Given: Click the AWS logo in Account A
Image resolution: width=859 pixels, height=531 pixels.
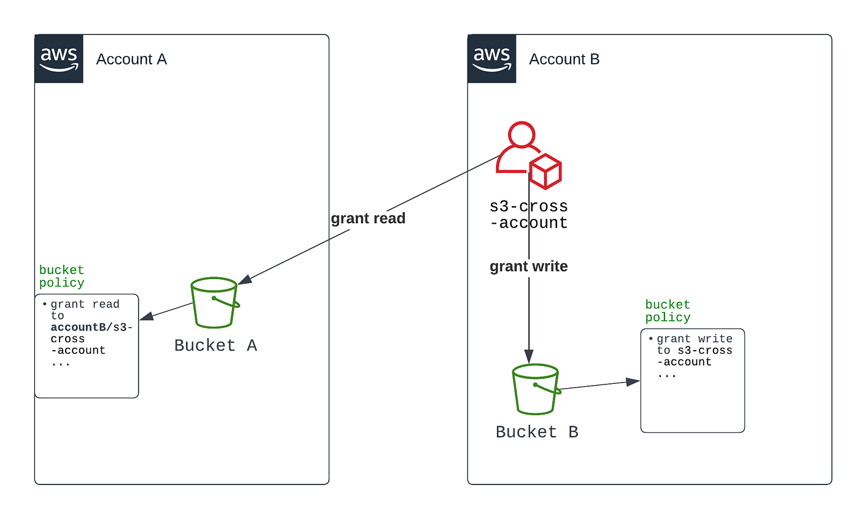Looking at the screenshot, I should point(58,59).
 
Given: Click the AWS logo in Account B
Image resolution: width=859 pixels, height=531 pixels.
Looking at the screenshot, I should point(491,59).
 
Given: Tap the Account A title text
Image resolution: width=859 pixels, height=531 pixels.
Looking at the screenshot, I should point(131,59).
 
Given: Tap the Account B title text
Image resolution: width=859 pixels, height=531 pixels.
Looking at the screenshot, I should point(564,59).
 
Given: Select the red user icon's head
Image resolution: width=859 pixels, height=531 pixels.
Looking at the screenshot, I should point(520,134).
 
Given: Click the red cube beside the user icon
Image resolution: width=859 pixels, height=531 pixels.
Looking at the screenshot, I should point(545,171).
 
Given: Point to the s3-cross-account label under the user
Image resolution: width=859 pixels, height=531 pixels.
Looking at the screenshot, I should point(529,214).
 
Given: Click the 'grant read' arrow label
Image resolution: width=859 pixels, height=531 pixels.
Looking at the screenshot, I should point(368,219).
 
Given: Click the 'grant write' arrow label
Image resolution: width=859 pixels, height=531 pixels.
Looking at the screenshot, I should point(528,267).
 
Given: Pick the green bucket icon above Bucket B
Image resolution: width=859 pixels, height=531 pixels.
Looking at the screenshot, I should point(536,389).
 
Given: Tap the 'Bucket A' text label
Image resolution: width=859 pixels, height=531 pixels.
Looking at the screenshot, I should point(215,345).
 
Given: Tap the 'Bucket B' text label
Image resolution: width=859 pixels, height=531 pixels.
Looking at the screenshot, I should point(537,432).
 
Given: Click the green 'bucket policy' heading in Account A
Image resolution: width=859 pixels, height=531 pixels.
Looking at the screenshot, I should point(61,277).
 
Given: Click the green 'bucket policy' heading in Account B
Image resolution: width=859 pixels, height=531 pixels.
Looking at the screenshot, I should point(668,311).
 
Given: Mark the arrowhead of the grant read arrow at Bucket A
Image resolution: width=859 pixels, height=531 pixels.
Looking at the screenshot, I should point(245,280).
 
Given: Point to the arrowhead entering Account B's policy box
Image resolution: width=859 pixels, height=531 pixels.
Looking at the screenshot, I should point(633,382).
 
